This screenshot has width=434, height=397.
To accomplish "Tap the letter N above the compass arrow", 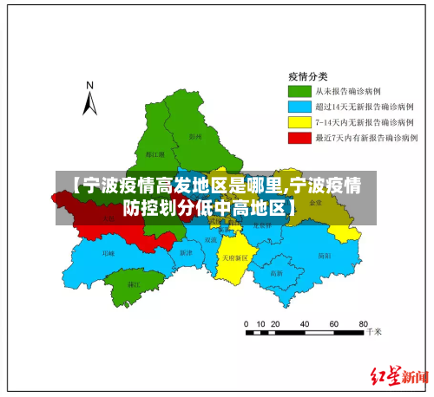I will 89,86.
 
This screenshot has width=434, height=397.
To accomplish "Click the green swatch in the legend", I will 299,91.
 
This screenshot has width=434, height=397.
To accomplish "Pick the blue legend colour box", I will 299,107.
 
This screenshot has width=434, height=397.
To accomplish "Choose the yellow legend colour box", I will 299,122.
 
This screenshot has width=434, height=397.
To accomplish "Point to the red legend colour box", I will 299,138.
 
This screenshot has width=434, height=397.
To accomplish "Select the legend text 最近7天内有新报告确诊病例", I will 366,138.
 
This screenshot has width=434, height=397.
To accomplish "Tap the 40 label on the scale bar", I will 305,323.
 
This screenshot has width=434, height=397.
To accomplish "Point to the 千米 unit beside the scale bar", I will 374,331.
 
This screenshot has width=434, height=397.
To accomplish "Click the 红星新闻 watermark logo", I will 400,375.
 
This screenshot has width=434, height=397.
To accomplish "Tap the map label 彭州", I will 194,136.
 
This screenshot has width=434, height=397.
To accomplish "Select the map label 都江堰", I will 130,154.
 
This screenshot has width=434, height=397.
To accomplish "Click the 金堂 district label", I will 315,203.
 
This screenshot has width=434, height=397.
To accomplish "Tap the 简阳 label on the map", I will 324,256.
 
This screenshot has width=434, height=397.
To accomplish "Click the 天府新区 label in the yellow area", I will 233,257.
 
